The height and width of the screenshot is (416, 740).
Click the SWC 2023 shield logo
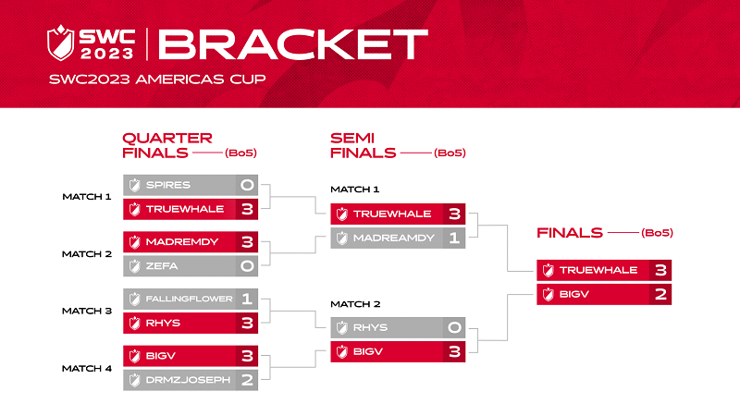[x=60, y=43]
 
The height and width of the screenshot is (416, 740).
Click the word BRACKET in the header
[x=293, y=44]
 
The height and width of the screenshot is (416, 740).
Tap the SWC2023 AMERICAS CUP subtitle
[x=157, y=79]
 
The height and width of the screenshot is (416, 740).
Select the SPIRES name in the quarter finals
[x=168, y=185]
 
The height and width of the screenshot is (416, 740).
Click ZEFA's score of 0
[x=247, y=266]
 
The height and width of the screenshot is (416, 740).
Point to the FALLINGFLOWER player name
[x=189, y=299]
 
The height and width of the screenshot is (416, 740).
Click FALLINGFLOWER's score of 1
[x=246, y=299]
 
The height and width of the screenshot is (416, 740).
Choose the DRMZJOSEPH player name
[x=188, y=380]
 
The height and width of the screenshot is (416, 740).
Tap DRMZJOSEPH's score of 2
[x=247, y=380]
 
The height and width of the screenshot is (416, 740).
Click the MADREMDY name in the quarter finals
[x=182, y=242]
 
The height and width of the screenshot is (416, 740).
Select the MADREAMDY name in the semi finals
[x=394, y=238]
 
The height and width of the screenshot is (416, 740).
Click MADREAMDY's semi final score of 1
[x=454, y=238]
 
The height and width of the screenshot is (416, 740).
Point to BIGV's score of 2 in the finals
[x=660, y=294]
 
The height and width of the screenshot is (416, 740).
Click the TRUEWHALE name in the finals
[x=598, y=270]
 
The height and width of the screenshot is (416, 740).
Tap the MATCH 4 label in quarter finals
[x=87, y=368]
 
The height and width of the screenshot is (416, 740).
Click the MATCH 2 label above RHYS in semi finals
[x=355, y=304]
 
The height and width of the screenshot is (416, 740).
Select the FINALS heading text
[x=570, y=233]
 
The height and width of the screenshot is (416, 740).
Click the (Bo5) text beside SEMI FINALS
[x=450, y=153]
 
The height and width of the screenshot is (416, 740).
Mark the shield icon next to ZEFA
[x=135, y=266]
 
